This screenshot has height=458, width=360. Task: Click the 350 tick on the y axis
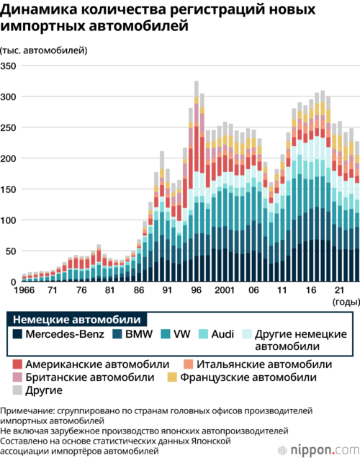8,66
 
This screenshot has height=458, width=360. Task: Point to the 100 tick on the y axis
8,220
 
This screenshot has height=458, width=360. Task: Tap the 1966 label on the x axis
24,290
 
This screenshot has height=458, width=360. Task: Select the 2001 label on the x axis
225,290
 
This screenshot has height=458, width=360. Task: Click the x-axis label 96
196,290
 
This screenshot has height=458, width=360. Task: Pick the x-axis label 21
339,290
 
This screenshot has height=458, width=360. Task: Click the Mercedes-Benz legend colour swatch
17,334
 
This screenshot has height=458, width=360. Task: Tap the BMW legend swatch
117,334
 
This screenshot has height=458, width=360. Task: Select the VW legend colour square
166,334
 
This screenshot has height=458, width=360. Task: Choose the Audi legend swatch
203,334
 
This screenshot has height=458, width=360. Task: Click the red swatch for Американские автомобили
17,364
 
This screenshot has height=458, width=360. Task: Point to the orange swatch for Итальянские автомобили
189,364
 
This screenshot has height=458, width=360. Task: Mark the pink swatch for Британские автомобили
17,377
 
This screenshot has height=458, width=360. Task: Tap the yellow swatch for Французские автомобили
172,377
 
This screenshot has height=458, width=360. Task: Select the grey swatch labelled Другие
17,390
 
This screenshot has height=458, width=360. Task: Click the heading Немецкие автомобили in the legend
77,320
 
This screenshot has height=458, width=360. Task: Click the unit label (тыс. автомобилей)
44,50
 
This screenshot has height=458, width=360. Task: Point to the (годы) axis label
346,302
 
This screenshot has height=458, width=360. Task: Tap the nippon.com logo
318,450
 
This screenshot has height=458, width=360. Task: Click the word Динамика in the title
39,9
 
